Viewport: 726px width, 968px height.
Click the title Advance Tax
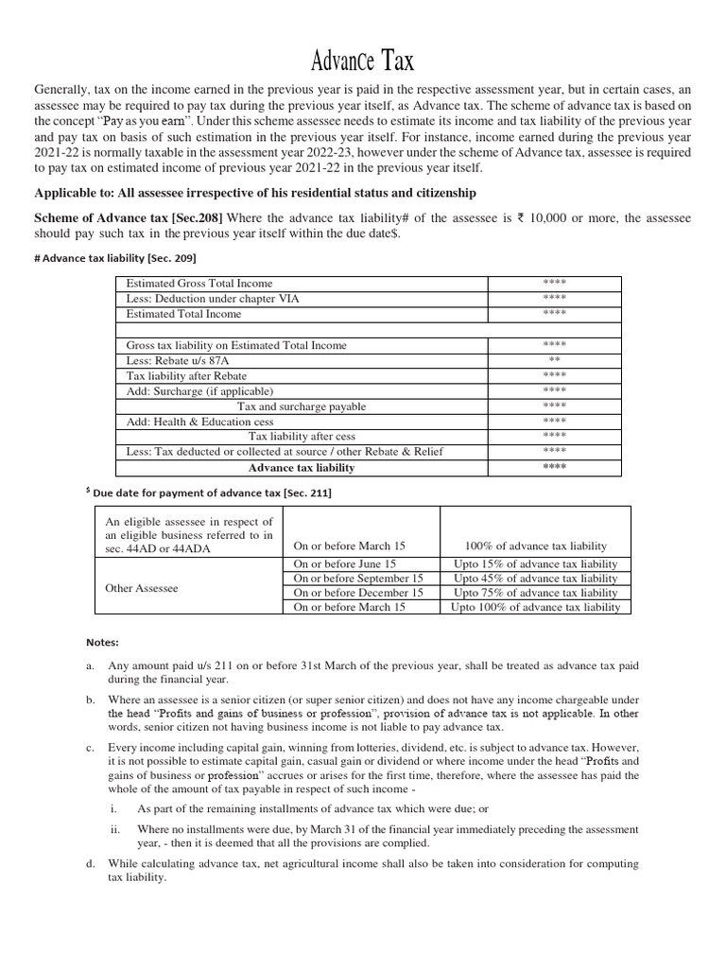pos(363,62)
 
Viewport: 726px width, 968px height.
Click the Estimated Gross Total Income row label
pos(199,284)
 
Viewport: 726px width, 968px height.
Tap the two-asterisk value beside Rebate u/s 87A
pos(554,360)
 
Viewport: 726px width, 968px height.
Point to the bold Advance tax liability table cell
pos(302,467)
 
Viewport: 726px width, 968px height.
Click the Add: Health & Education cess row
pos(200,421)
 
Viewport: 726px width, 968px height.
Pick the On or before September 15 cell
pos(358,578)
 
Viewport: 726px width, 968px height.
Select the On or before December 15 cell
pos(358,593)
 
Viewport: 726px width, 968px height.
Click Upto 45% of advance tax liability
pos(536,578)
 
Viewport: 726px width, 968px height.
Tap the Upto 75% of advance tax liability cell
pos(536,593)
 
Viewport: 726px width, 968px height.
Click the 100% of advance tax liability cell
pos(536,546)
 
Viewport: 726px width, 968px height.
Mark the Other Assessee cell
pos(142,588)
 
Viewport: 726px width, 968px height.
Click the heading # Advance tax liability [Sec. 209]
pos(142,257)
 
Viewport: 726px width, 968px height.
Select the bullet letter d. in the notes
pos(90,864)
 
